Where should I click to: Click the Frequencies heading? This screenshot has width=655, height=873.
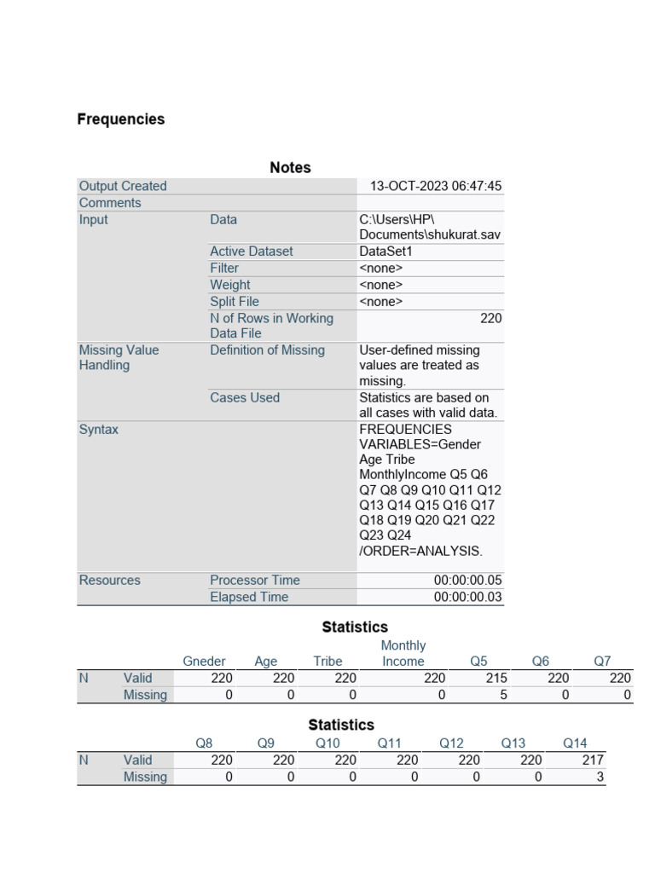tap(121, 119)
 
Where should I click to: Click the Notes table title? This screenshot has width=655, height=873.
tap(290, 168)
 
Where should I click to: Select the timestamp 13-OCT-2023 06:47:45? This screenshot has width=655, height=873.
tap(435, 186)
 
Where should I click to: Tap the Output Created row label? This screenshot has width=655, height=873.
tap(123, 186)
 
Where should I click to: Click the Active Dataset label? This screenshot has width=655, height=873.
tap(251, 251)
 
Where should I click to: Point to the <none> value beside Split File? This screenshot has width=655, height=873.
tap(380, 302)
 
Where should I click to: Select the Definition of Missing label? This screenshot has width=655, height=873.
tap(267, 350)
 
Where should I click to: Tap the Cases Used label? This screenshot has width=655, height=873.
tap(245, 398)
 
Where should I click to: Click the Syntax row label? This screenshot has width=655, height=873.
tap(99, 430)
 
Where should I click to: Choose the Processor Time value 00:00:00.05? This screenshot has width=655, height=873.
tap(467, 581)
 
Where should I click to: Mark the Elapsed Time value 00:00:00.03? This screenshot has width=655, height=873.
tap(467, 598)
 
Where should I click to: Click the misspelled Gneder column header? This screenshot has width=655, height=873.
tap(205, 662)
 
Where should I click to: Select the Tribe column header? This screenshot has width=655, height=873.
tap(327, 662)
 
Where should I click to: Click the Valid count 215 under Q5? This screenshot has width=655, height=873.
tap(496, 679)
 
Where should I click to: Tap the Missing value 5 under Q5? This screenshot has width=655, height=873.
tap(503, 695)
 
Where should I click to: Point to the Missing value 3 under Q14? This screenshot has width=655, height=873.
tap(600, 778)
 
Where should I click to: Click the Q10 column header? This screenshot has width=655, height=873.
tap(327, 743)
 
